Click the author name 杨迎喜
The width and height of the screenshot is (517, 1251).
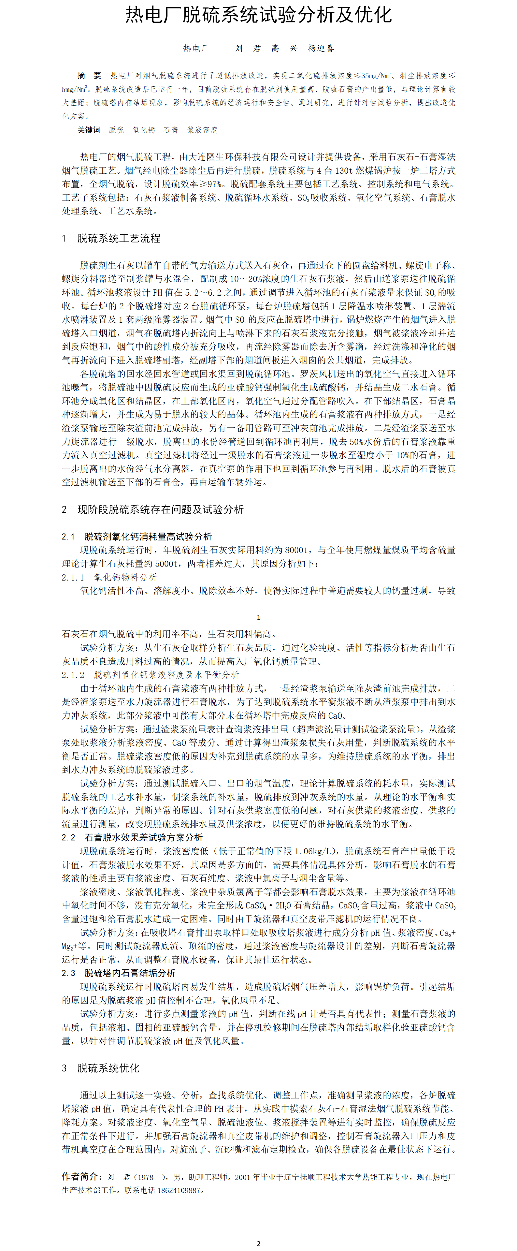click(x=321, y=48)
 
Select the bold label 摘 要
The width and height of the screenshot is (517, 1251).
click(x=89, y=75)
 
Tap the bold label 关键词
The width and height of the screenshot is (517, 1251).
click(x=89, y=130)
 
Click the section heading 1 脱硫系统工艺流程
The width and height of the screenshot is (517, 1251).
click(x=111, y=238)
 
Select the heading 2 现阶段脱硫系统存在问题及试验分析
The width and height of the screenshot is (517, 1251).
click(x=152, y=509)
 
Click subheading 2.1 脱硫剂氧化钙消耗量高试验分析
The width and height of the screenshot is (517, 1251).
click(x=137, y=536)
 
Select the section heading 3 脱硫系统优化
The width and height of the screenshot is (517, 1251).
click(x=100, y=1068)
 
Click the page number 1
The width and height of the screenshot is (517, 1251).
click(x=258, y=617)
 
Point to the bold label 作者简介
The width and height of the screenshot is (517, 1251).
click(x=81, y=1176)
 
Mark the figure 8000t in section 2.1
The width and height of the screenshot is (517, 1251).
click(x=296, y=550)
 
